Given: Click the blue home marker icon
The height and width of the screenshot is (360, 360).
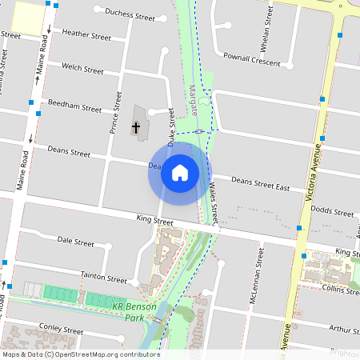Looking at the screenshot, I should tap(180, 173).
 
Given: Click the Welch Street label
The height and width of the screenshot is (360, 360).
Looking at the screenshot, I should tap(82, 70).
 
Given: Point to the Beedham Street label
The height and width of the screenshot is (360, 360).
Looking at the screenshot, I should tap(74, 107).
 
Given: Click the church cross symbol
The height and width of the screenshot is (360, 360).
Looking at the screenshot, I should tap(136, 126).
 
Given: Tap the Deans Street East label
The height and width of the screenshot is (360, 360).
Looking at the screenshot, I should tap(260, 183).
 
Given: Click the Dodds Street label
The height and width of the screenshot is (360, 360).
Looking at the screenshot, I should tap(332, 213).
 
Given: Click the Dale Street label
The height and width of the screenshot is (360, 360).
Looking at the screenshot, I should tap(75, 240).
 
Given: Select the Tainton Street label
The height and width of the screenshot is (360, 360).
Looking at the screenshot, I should tap(104, 277).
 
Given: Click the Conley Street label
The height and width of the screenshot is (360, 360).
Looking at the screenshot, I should tap(61, 329).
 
